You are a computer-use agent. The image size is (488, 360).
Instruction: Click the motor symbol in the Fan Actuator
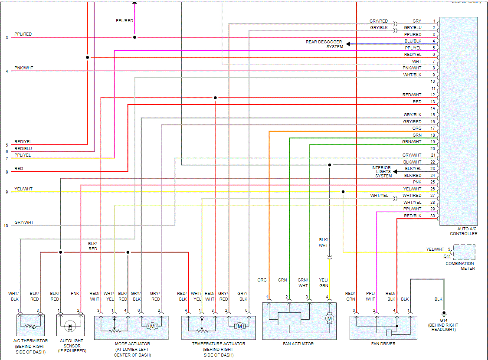tap(330, 319)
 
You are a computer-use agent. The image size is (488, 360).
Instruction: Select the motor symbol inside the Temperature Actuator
tap(239, 326)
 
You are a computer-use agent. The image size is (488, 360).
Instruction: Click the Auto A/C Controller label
tap(464, 231)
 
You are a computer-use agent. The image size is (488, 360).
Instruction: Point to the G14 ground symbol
tap(443, 313)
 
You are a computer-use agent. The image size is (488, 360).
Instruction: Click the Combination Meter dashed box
tap(464, 252)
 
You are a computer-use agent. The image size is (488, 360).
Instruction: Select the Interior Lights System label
tap(381, 172)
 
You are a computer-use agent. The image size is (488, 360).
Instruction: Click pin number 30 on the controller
tap(432, 216)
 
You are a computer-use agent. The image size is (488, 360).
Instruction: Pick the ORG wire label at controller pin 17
tap(416, 128)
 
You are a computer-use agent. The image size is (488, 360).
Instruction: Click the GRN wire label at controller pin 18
tap(417, 135)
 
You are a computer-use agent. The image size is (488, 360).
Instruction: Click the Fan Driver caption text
tap(383, 344)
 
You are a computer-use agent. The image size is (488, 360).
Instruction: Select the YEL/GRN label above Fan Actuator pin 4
tap(324, 282)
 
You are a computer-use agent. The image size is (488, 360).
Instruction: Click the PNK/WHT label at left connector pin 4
tap(23, 68)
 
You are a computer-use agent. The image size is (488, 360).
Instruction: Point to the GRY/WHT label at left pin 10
tap(24, 223)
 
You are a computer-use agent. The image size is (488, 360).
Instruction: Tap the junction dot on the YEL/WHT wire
tap(343, 192)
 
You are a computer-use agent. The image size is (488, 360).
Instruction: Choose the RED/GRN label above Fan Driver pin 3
tap(350, 296)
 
